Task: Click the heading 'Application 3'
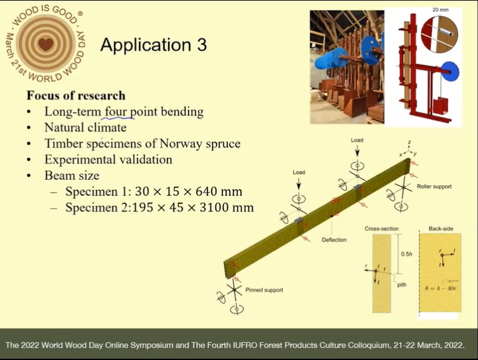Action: pyautogui.click(x=154, y=45)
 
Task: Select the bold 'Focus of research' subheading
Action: pyautogui.click(x=76, y=95)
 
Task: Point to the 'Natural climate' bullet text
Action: pyautogui.click(x=85, y=127)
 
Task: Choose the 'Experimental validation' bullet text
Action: pyautogui.click(x=108, y=160)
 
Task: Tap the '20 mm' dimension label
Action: pyautogui.click(x=440, y=10)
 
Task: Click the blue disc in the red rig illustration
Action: pyautogui.click(x=450, y=72)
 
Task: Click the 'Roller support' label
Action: pyautogui.click(x=434, y=187)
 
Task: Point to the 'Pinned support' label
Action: pyautogui.click(x=264, y=290)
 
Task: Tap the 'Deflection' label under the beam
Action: pyautogui.click(x=334, y=240)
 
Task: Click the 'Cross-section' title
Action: pyautogui.click(x=382, y=228)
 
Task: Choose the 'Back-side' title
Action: pyautogui.click(x=441, y=228)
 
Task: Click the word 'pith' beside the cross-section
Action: pyautogui.click(x=401, y=285)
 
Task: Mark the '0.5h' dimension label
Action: pyautogui.click(x=406, y=254)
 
